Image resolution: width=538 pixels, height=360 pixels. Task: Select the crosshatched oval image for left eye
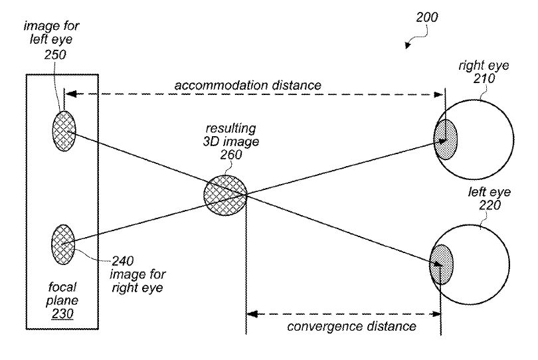coord(64,130)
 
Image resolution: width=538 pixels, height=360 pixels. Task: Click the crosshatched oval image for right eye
coord(63,244)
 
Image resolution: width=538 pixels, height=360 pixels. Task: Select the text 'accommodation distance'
coord(248,86)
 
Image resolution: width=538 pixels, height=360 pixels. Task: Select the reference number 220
coord(483,205)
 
